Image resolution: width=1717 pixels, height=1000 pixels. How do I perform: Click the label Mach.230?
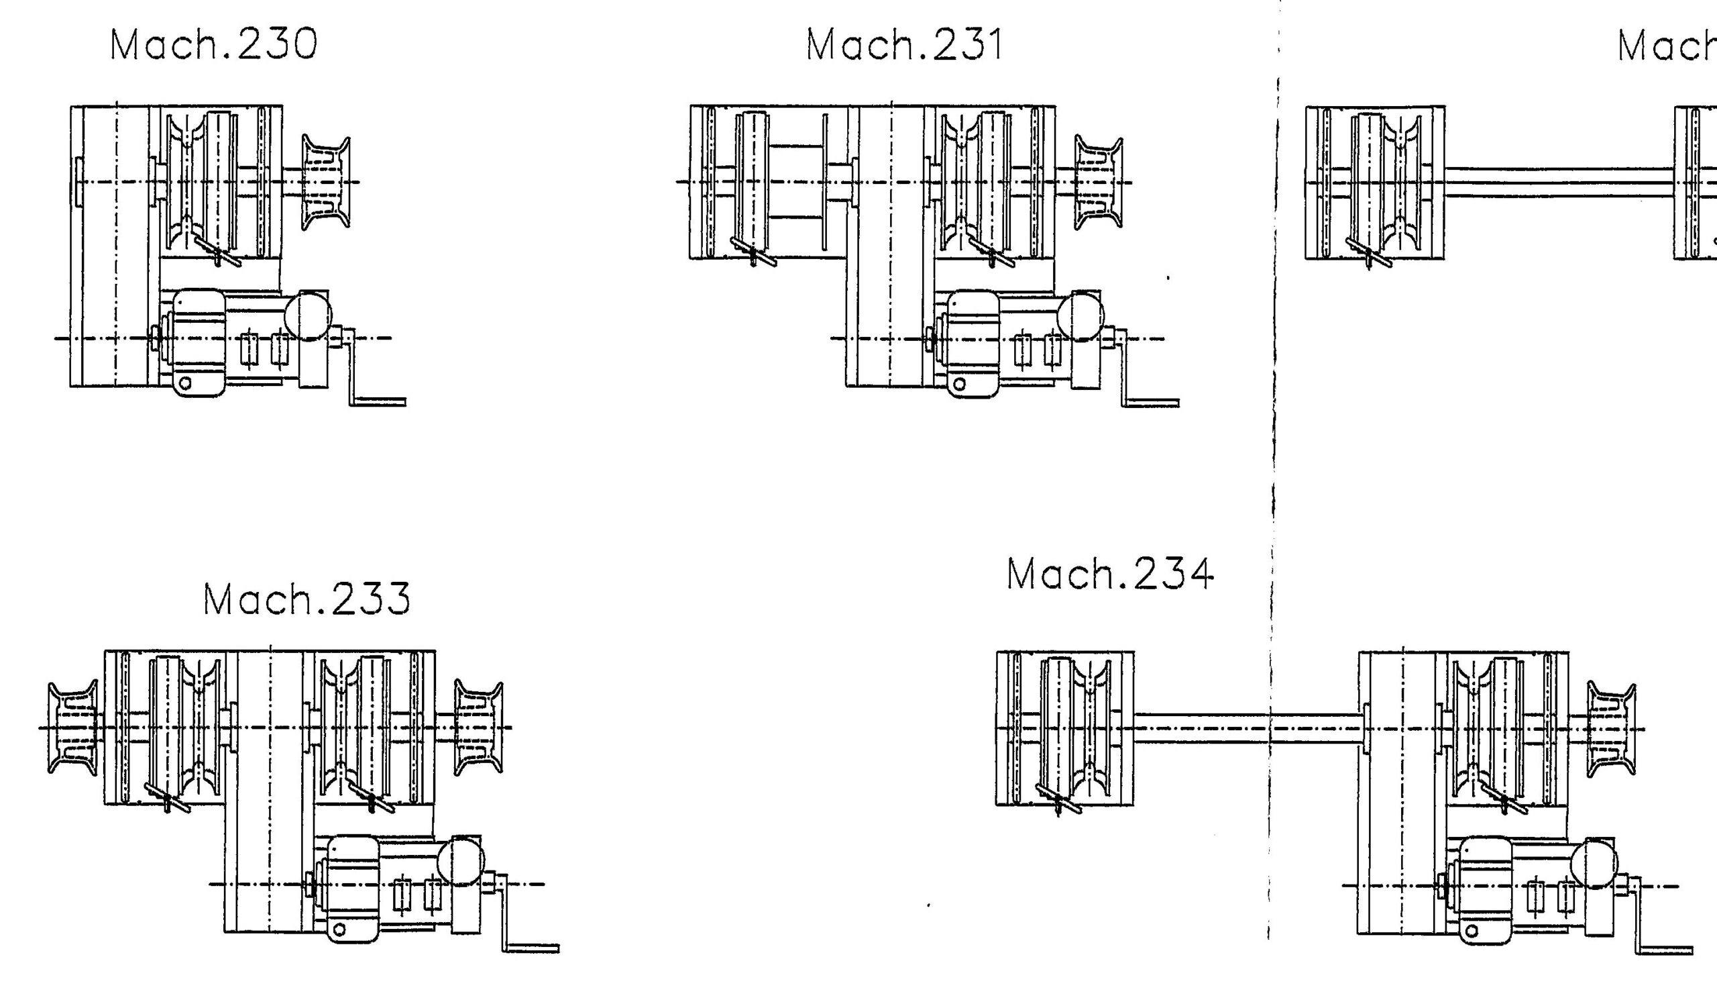point(213,45)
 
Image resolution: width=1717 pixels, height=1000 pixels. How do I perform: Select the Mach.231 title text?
point(904,46)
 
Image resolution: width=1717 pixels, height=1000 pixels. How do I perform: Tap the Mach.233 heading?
point(307,600)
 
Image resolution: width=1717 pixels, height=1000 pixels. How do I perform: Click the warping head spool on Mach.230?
point(326,182)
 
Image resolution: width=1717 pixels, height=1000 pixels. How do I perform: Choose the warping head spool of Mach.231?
point(1099,182)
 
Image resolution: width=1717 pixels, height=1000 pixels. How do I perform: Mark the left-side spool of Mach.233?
point(72,728)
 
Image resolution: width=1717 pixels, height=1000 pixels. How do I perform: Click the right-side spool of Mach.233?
point(478,728)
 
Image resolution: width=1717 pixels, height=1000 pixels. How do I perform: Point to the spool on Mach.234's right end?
point(1611,729)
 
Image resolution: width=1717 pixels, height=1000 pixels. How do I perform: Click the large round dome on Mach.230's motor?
point(308,315)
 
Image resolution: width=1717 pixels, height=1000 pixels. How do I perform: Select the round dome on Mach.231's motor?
point(1080,315)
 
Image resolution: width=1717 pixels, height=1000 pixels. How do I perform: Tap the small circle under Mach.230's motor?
point(185,383)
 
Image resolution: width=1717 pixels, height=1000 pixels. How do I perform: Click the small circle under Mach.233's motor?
point(339,928)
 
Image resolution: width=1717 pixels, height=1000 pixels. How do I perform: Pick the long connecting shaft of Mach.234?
point(1247,728)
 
